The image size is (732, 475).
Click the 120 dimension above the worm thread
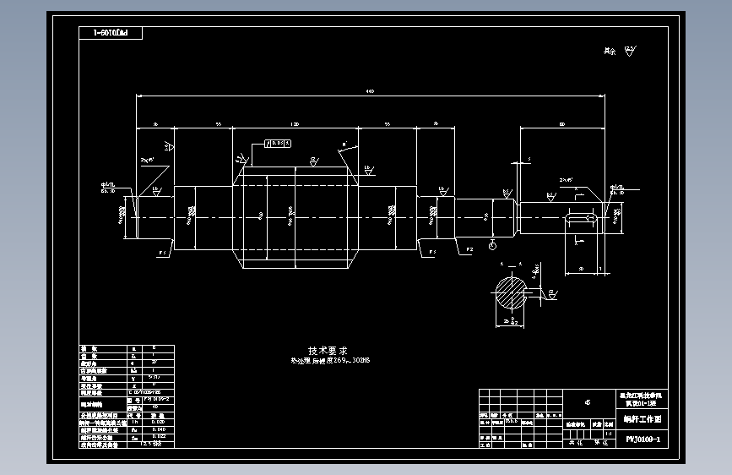coord(295,123)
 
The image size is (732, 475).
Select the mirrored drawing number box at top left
coord(110,33)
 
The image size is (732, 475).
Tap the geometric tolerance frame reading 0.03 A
coord(279,143)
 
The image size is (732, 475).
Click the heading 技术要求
coord(328,350)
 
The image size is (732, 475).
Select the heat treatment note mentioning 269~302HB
coord(330,361)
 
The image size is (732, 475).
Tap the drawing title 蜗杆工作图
coord(643,418)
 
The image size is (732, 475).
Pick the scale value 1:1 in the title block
coord(610,432)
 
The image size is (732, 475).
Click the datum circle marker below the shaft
coord(493,246)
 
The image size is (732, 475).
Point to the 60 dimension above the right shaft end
coord(562,124)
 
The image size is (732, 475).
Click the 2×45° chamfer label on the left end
coord(148,159)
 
